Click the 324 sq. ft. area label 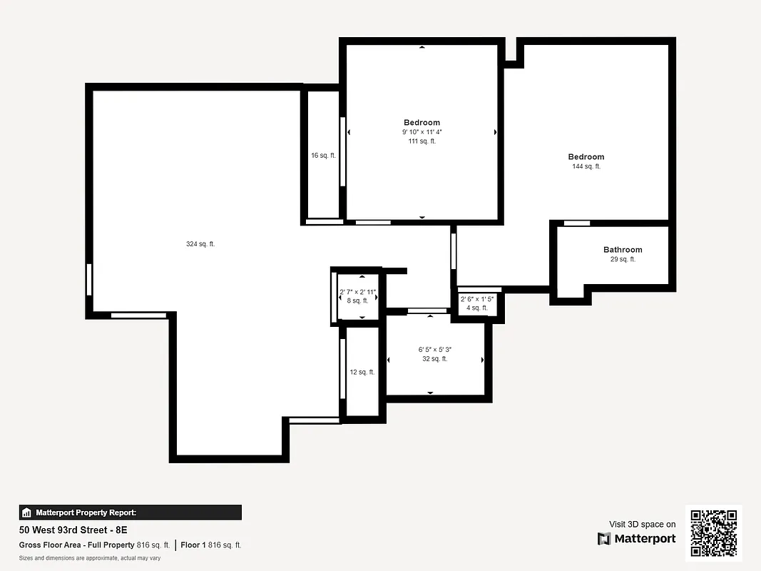[x=200, y=244]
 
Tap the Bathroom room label [x=623, y=250]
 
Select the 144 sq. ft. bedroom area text [x=586, y=166]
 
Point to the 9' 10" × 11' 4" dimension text [x=422, y=132]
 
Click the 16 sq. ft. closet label [x=323, y=155]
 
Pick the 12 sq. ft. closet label [x=362, y=372]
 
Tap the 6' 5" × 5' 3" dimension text [x=434, y=350]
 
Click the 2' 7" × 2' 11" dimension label [x=358, y=292]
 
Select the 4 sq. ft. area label [x=477, y=308]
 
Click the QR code [x=714, y=534]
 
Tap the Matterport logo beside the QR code [x=636, y=539]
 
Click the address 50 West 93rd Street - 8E [x=73, y=530]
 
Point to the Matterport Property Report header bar [x=131, y=512]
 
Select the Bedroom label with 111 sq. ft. [x=422, y=122]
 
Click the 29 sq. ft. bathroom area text [x=623, y=259]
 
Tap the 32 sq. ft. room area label [x=434, y=359]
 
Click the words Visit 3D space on [x=642, y=524]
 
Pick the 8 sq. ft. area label [x=358, y=300]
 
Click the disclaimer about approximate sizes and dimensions [x=90, y=558]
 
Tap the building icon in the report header [x=26, y=512]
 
